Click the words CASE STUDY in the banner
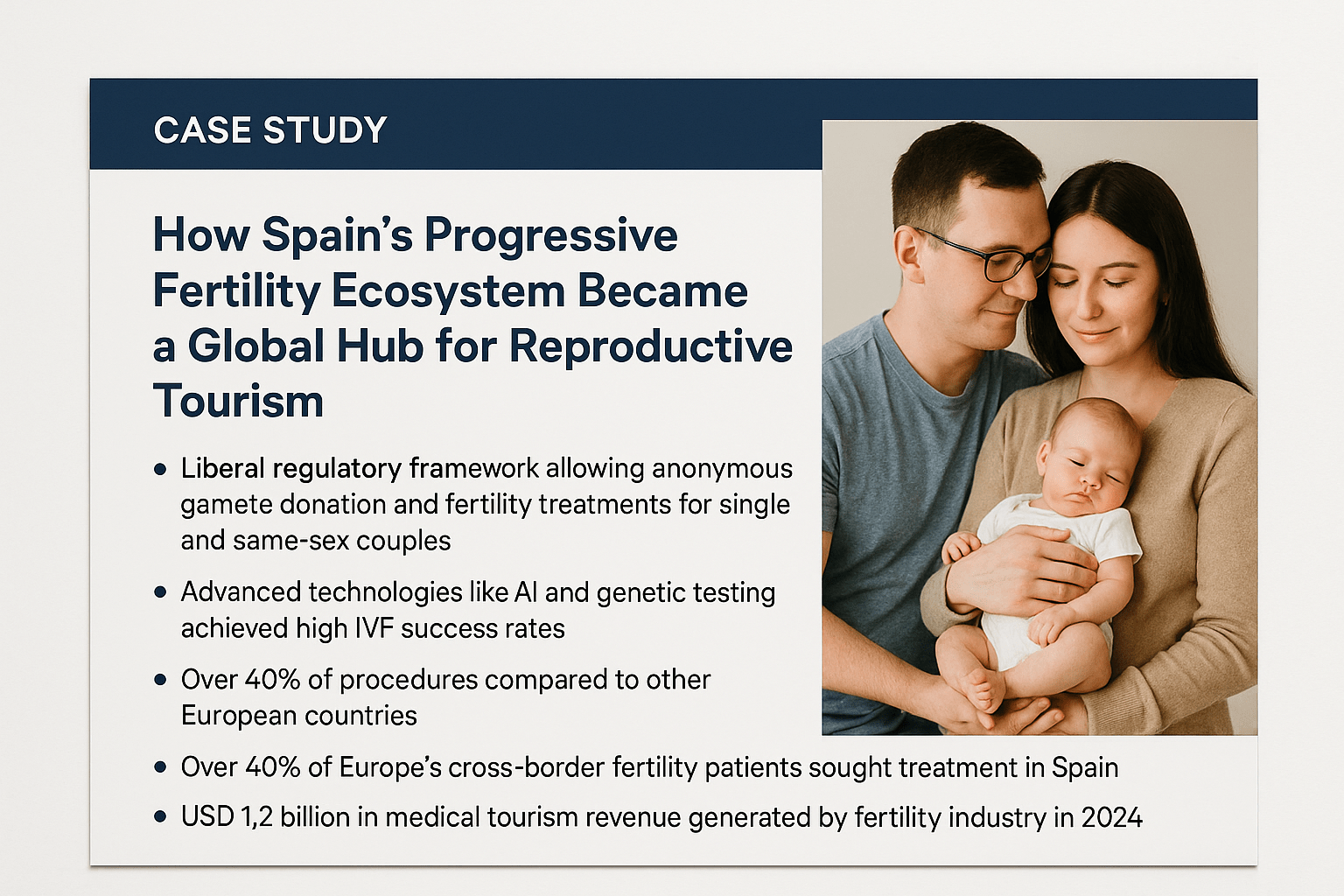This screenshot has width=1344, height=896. (270, 130)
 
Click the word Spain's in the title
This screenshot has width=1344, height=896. (338, 235)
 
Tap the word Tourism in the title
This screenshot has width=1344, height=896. (238, 400)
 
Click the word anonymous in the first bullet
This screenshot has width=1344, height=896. (723, 469)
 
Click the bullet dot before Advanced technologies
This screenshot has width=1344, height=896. (160, 592)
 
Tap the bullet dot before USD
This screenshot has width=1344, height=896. (160, 816)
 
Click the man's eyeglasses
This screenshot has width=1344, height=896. (987, 259)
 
